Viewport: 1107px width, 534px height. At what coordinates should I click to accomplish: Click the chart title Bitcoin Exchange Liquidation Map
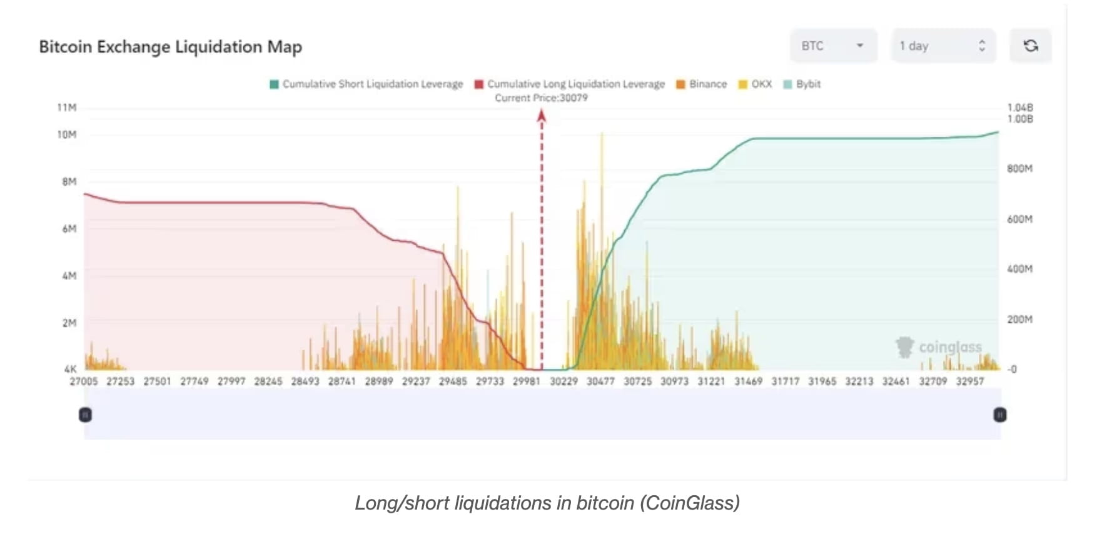(x=170, y=47)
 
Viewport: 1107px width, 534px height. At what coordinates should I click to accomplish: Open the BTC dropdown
(x=833, y=46)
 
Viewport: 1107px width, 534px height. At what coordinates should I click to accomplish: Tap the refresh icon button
(x=1030, y=46)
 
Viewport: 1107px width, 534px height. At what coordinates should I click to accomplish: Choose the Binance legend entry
(x=702, y=84)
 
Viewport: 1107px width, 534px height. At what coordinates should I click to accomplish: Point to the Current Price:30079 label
(x=541, y=98)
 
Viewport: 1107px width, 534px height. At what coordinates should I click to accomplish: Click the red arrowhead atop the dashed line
(x=542, y=115)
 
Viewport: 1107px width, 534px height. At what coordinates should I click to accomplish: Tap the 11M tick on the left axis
(x=66, y=108)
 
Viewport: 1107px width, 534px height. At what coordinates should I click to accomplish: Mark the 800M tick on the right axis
(x=1019, y=168)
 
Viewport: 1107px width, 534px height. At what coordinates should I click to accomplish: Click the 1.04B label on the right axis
(x=1019, y=108)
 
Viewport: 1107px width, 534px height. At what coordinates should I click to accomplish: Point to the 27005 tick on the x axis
(x=83, y=381)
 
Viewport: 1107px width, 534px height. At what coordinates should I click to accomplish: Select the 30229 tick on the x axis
(x=564, y=381)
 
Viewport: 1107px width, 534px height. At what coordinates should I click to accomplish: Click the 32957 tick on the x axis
(x=969, y=381)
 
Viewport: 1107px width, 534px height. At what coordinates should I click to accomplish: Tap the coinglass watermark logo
(x=905, y=347)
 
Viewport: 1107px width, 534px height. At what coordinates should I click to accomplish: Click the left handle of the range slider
(x=86, y=415)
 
